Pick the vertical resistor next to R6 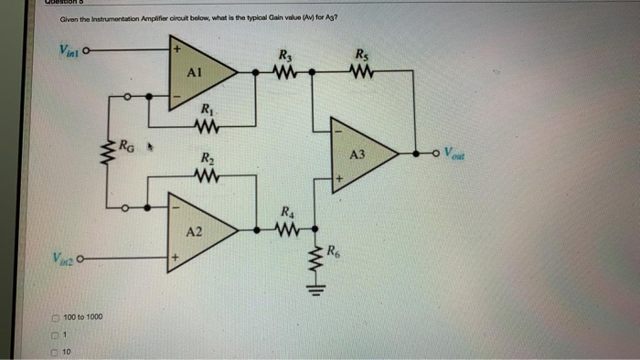click(x=317, y=260)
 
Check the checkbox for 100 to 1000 click(x=54, y=316)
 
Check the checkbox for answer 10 click(x=54, y=351)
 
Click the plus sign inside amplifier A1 click(x=178, y=47)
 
